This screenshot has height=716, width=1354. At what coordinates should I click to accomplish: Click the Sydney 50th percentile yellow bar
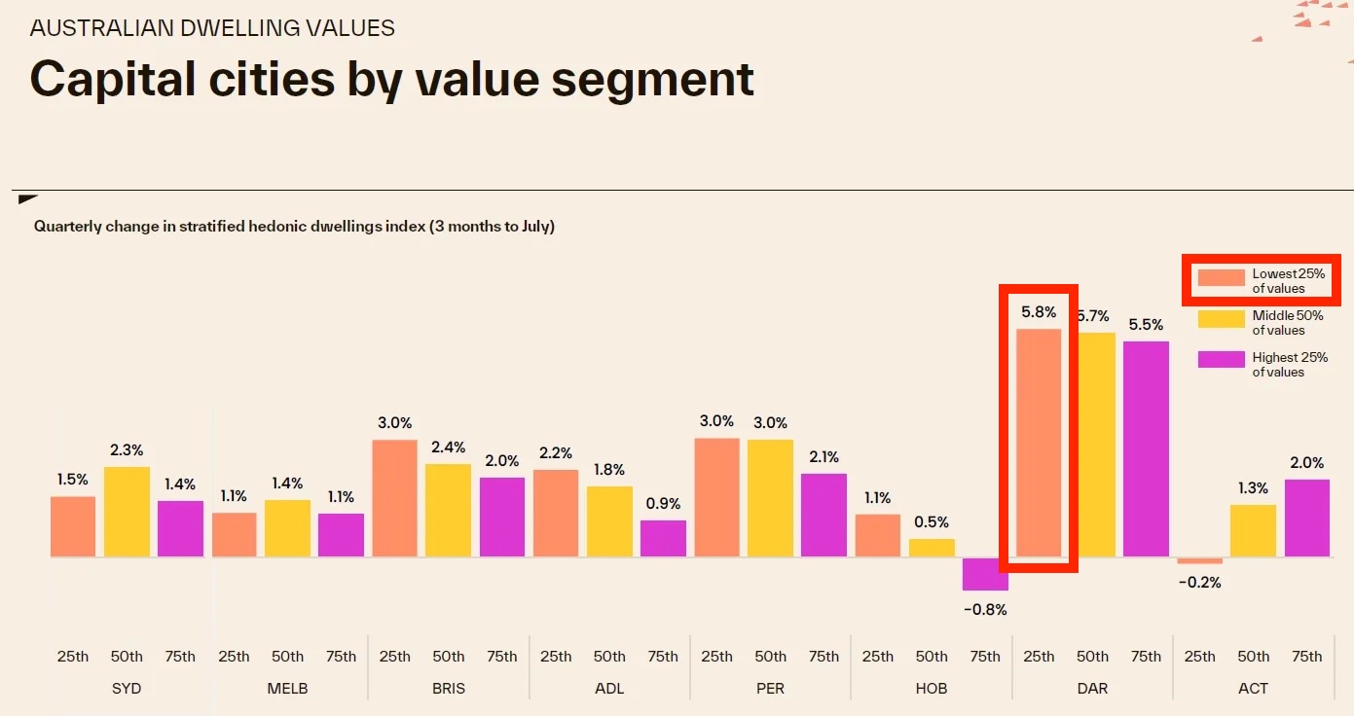pos(127,512)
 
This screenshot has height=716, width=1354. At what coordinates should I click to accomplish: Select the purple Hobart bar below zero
pos(985,574)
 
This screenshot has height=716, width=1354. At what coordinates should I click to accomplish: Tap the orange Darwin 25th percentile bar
pos(1039,443)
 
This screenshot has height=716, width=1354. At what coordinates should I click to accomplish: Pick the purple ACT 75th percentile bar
pos(1306,518)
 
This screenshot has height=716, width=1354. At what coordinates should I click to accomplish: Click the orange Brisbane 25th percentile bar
pos(394,498)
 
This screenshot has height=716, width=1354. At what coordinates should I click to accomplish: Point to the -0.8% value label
pos(985,610)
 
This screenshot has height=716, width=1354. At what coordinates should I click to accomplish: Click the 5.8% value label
pos(1039,312)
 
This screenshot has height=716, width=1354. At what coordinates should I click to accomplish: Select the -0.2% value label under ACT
pos(1199,583)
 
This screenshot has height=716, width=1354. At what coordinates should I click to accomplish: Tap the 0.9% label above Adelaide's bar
pos(663,504)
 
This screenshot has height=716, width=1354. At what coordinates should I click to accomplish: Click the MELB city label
pos(287,688)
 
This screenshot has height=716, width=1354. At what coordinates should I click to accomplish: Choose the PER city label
pos(770,688)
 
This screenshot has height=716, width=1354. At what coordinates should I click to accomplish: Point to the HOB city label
pos(932,688)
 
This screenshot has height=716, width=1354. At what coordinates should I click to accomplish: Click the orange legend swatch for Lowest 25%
pos(1221,278)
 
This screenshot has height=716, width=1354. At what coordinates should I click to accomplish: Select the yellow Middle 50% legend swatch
pos(1221,319)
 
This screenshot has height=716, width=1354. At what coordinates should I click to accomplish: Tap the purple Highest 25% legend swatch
pos(1221,360)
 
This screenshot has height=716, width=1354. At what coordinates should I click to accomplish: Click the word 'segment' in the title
pos(653,79)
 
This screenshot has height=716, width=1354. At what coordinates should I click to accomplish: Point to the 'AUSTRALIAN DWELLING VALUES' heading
pos(212,27)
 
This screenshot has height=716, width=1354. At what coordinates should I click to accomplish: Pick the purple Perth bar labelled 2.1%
pos(823,515)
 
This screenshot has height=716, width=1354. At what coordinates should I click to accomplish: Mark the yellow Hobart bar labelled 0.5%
pos(932,548)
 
